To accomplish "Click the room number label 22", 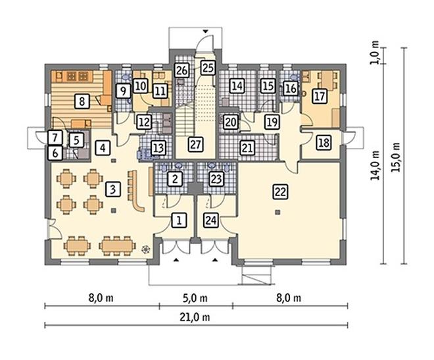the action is coord(280,192).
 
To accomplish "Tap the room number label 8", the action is coord(82,101).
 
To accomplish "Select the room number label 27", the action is coord(196,144).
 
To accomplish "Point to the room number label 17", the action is coord(320,96).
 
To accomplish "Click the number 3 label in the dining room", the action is coord(112,190).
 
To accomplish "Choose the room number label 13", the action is coord(158,148).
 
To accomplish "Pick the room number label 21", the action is coord(247,147).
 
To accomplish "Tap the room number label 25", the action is coord(208,68).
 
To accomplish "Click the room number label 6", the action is coord(55,153).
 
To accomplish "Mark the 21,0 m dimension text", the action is coord(195,317).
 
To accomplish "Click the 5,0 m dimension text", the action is coord(195,298).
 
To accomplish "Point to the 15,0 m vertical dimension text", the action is coord(397,157).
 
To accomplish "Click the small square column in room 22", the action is coord(277,213).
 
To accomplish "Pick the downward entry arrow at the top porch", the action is coord(206,32).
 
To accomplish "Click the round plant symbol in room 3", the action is coord(146,249).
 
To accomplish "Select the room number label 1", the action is coord(179,220).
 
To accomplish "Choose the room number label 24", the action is coord(210,220).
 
